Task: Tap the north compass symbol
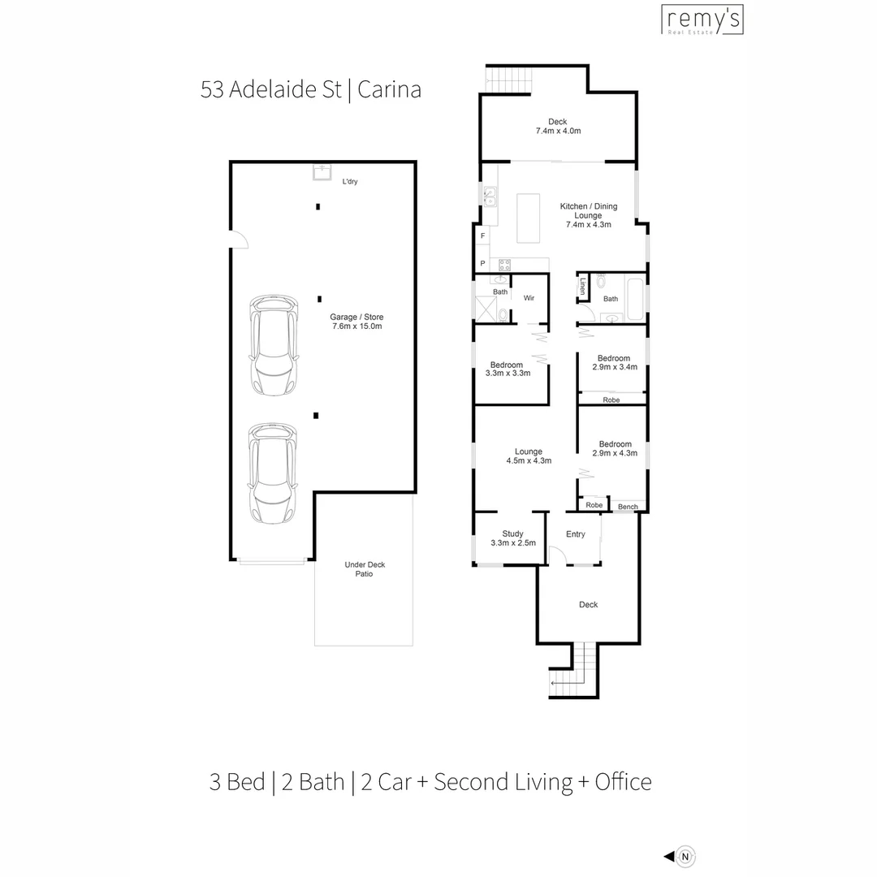coord(686,855)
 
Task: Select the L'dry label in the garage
coord(350,181)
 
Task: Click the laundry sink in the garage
coord(322,172)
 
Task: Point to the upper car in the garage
coord(272,345)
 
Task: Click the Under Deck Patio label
coord(358,568)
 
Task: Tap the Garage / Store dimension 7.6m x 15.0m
coord(356,326)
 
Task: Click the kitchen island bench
coord(528,217)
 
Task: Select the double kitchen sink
coord(490,197)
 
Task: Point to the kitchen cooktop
coord(504,264)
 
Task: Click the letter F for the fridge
coord(483,235)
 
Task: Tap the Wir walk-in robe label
coord(529,298)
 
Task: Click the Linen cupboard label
coord(583,286)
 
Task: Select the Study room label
coord(512,534)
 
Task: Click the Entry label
coord(575,534)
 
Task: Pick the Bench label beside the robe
coord(628,508)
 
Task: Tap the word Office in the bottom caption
coord(623,782)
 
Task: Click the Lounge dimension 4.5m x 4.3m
coord(529,460)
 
